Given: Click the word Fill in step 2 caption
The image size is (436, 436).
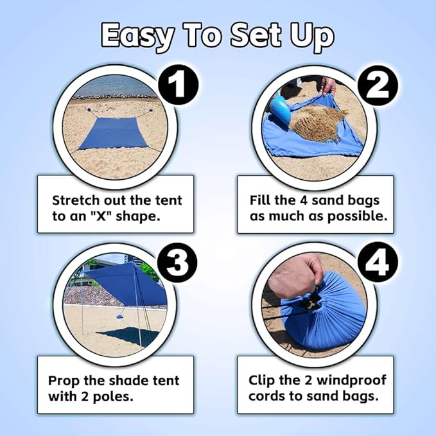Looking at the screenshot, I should pyautogui.click(x=261, y=200).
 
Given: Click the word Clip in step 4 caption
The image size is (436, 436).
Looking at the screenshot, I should pyautogui.click(x=261, y=379).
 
